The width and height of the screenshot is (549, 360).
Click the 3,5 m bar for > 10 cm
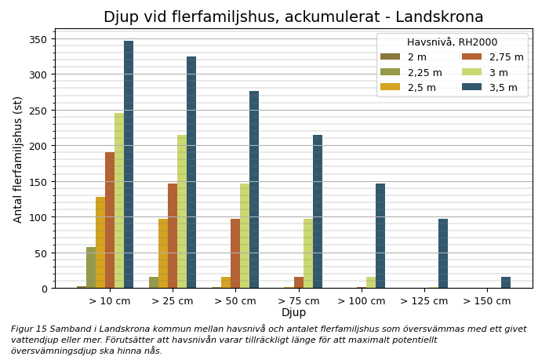tap(129, 165)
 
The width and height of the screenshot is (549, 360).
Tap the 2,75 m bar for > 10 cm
tap(110, 220)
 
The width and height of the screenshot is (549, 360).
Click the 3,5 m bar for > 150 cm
tap(506, 282)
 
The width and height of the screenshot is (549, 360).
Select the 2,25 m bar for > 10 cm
tap(91, 267)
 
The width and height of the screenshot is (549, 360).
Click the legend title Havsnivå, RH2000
tap(452, 42)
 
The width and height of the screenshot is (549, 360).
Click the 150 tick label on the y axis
tap(38, 182)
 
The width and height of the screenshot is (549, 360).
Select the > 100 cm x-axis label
tap(362, 301)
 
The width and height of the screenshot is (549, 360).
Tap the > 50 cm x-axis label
tap(235, 301)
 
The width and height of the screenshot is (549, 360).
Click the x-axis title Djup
tap(293, 313)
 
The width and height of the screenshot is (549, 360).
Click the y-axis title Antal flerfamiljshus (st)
tap(18, 159)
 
